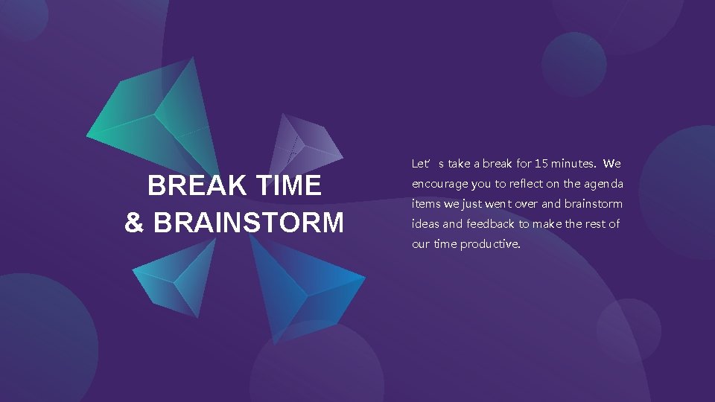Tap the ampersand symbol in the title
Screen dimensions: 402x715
pos(134,223)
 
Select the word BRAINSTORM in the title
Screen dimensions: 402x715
pos(248,223)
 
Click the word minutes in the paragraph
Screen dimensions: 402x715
pos(573,163)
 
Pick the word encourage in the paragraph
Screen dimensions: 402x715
pos(439,184)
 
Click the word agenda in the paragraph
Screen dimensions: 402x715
pos(603,184)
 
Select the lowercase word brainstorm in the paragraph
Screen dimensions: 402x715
pos(594,204)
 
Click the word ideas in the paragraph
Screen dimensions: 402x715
pos(425,224)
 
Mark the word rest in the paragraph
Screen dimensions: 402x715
pos(591,224)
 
